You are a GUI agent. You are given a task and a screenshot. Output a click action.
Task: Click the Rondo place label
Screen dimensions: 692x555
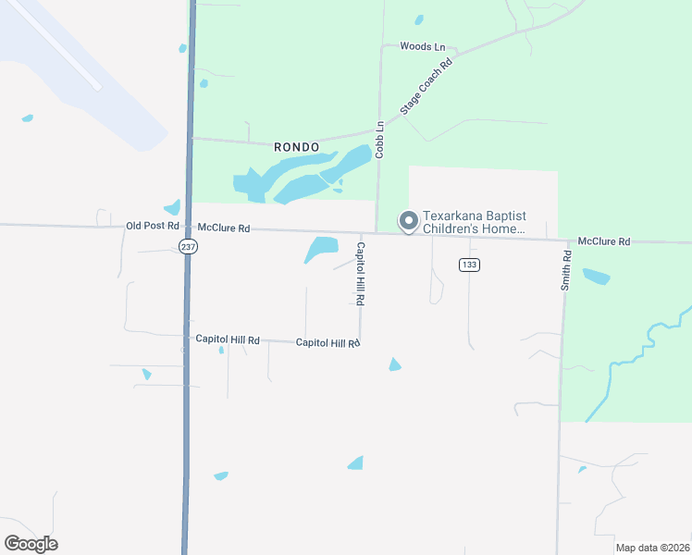point(297,147)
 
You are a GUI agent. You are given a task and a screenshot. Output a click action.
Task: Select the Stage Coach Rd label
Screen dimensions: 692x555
point(426,89)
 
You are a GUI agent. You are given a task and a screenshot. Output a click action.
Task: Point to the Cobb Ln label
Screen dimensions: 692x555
point(379,139)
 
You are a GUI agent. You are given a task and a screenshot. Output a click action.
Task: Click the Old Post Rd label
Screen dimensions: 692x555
point(152,226)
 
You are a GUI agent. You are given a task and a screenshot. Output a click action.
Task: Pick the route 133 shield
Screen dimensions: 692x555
point(468,265)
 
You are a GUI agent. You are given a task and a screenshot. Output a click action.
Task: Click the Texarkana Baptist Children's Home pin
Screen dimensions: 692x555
point(407,220)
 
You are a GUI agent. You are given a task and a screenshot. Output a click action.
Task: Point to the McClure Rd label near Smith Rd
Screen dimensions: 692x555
point(603,241)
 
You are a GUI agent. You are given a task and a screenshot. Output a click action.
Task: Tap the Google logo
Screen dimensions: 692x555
point(31,543)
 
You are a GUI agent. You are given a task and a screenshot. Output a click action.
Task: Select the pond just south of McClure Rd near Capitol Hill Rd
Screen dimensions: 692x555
point(322,248)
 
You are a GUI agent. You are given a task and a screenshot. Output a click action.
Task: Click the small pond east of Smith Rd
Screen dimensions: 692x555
point(596,276)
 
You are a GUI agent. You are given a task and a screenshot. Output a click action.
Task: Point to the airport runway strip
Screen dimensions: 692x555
point(56,46)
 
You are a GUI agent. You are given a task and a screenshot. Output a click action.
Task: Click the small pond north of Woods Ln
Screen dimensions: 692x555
point(419,18)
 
